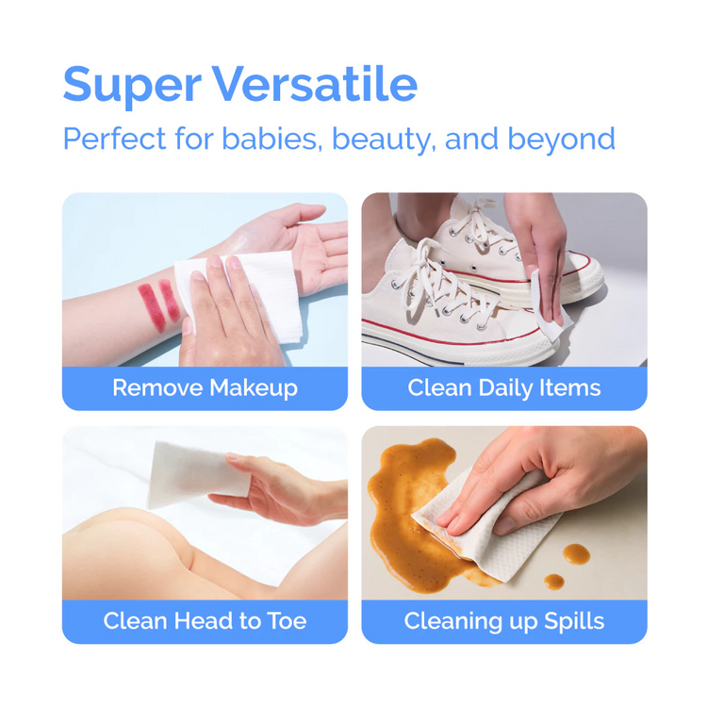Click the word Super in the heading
(x=132, y=86)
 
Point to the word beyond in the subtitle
(x=561, y=139)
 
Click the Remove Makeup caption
(x=205, y=387)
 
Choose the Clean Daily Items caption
(x=503, y=387)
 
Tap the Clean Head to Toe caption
(x=205, y=621)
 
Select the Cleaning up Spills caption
(x=503, y=621)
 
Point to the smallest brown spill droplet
(x=554, y=582)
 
